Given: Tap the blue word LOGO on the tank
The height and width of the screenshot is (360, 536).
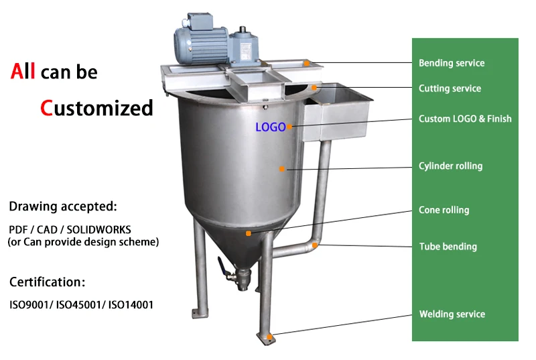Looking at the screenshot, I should click(x=271, y=127).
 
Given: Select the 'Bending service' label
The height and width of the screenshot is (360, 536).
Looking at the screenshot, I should click(x=452, y=63).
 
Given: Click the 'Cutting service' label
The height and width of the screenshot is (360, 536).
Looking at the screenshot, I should click(x=450, y=88).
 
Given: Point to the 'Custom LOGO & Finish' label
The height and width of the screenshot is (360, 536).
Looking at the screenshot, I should click(x=465, y=119).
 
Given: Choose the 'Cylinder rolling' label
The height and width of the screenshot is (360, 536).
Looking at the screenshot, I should click(x=450, y=166).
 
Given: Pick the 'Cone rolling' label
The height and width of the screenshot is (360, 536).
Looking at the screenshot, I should click(x=444, y=210).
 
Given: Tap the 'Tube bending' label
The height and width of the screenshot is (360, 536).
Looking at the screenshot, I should click(x=448, y=246).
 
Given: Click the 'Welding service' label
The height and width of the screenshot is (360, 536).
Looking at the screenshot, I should click(x=452, y=314).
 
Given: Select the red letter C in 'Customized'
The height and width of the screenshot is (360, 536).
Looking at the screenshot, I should click(x=46, y=107).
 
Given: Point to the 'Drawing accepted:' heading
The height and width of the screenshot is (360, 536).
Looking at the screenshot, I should click(x=63, y=206).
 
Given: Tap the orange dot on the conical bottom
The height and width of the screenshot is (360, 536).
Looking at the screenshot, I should click(x=248, y=233).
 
